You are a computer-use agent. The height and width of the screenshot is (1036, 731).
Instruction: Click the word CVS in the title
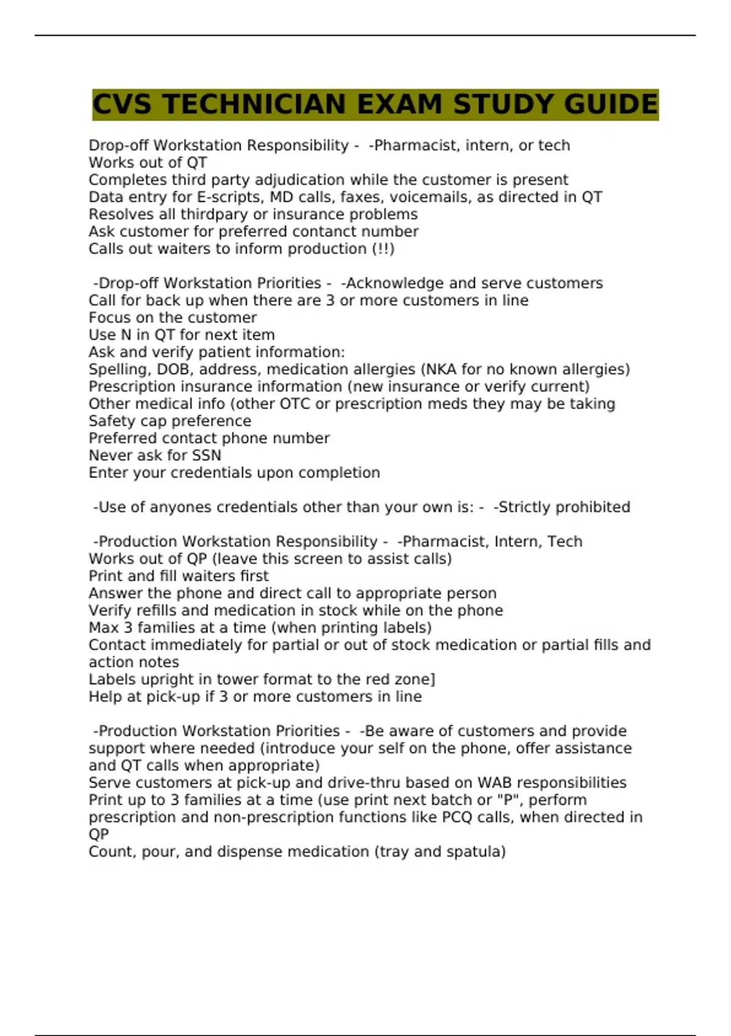121,104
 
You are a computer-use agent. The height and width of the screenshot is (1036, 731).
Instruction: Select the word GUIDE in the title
610,104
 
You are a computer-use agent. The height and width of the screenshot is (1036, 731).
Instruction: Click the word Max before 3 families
104,628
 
